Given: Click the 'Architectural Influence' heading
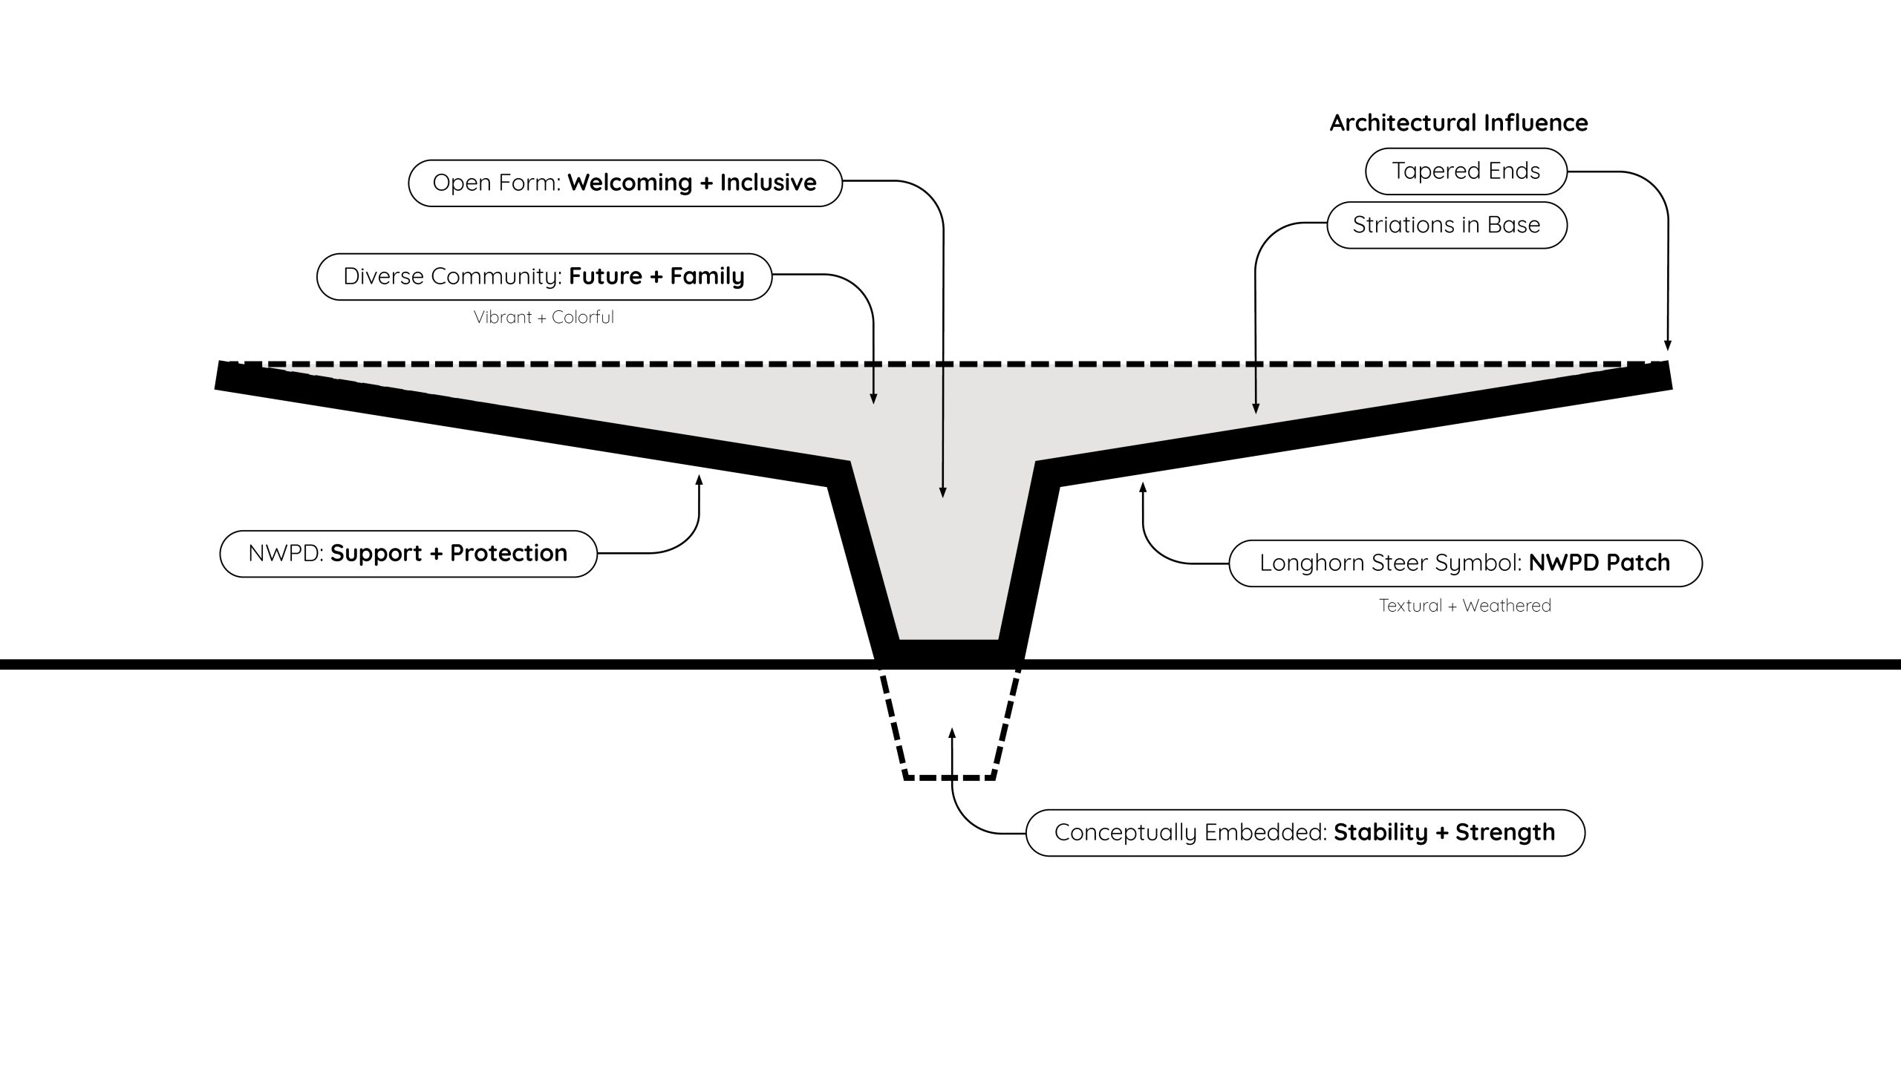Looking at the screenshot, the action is tap(1458, 122).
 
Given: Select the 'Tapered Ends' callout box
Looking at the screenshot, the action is tap(1466, 171).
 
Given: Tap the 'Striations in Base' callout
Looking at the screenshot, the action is tap(1447, 225).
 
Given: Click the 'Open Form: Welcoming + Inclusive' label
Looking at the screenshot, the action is tap(625, 183).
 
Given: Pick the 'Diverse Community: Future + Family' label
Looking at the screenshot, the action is tap(544, 276).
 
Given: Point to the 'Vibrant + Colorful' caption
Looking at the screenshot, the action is tap(544, 317).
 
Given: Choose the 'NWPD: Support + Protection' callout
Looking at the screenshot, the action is tap(408, 553).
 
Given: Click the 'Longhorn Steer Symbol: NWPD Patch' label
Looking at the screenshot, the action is tap(1465, 563).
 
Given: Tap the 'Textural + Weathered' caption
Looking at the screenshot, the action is tap(1465, 605).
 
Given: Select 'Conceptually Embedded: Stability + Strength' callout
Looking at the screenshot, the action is tap(1305, 832).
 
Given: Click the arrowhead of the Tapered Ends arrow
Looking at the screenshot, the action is tap(1668, 345).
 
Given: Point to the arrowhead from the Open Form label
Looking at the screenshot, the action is tap(943, 492).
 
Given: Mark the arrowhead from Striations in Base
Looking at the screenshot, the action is tap(1256, 408).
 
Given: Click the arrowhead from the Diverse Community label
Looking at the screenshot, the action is tap(873, 399).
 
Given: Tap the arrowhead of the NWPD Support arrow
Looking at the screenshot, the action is tap(699, 480).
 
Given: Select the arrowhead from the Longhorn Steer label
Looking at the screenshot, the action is tap(1143, 488).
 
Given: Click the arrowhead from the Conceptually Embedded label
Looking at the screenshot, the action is tap(952, 733).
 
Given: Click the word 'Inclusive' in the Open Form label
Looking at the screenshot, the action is tap(768, 183).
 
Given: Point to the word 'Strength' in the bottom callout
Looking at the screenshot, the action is tap(1505, 832).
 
